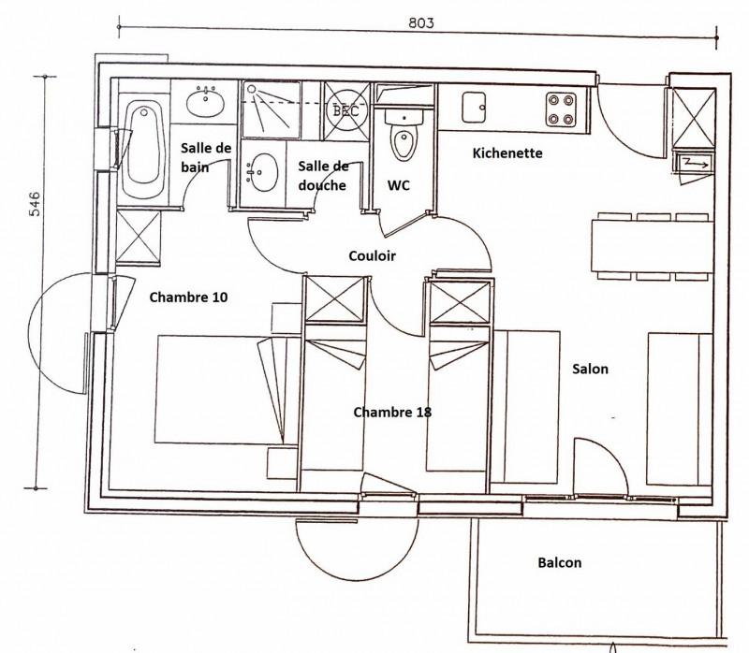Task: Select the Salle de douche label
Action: pos(323,176)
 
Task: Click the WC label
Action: pos(399,185)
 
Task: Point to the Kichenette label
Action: pos(507,152)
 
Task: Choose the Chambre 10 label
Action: pos(188,297)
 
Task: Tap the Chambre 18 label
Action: pos(392,412)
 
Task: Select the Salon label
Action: pos(590,369)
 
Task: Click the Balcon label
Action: pos(559,563)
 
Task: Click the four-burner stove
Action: pos(562,109)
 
